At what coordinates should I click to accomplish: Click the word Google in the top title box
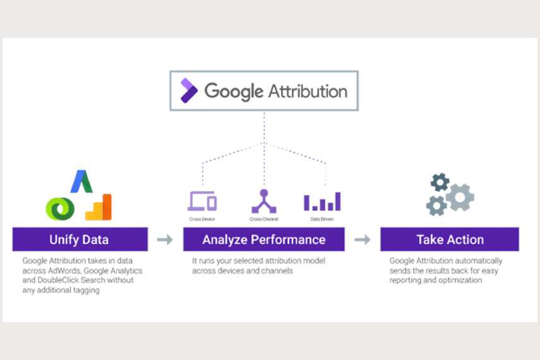tap(234, 91)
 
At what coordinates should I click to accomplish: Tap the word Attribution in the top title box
tap(308, 91)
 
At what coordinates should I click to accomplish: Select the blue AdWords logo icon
tap(81, 181)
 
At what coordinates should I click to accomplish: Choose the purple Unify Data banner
tap(80, 240)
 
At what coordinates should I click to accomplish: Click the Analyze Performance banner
tap(264, 240)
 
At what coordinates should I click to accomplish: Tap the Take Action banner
tap(450, 240)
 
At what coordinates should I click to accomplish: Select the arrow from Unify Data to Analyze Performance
tap(165, 240)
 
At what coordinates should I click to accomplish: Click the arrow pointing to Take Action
tap(363, 240)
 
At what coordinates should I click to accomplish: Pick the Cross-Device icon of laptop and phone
tap(202, 201)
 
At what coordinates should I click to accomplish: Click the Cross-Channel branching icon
tap(263, 201)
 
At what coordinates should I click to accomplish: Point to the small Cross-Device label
tap(202, 219)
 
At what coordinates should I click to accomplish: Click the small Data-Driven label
tap(322, 219)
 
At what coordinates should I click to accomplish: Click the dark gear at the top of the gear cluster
tap(440, 183)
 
